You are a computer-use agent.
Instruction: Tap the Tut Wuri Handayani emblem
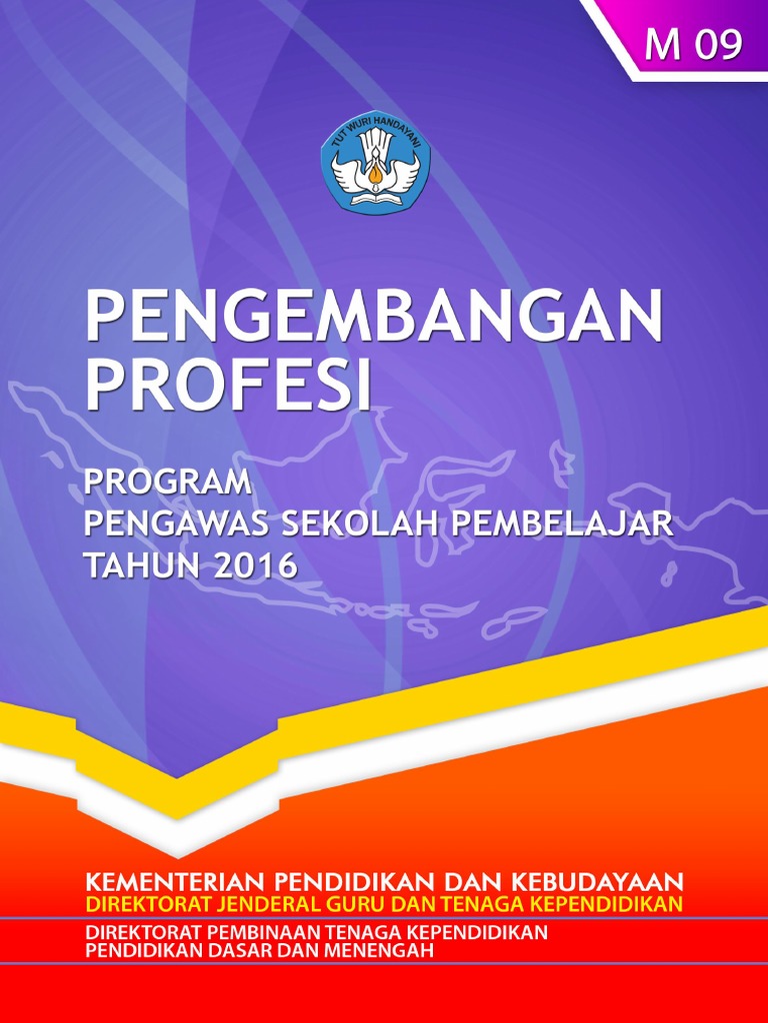tap(375, 159)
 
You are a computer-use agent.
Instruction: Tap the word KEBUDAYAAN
tap(599, 882)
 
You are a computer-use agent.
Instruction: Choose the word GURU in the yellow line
tap(369, 905)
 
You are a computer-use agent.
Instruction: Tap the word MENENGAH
tap(382, 951)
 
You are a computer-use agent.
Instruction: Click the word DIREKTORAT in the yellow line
tap(146, 905)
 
